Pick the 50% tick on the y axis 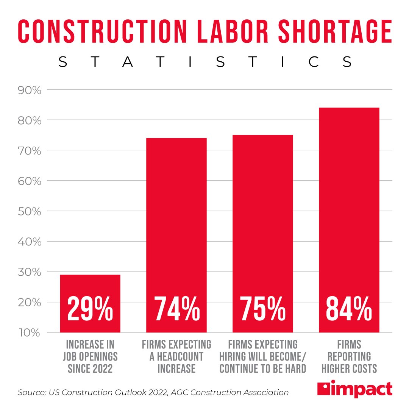coord(30,211)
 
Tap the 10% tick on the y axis coord(30,333)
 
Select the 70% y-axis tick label coord(30,151)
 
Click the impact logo coord(355,389)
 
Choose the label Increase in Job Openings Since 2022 coord(90,356)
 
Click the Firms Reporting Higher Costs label coord(349,356)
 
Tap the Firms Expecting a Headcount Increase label coord(176,356)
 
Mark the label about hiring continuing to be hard coord(262,356)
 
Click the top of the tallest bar coord(349,108)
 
